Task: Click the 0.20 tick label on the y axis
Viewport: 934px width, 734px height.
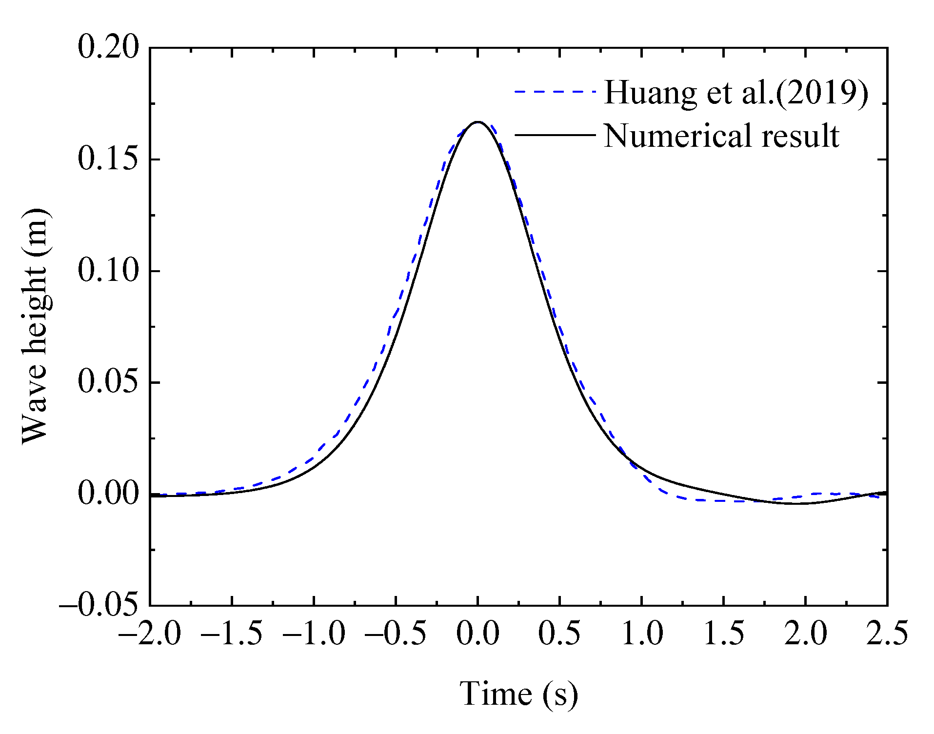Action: coord(108,48)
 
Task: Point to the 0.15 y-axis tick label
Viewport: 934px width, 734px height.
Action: coord(108,159)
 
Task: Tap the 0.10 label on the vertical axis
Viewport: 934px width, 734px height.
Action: coord(108,271)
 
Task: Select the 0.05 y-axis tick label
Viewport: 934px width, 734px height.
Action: coord(108,382)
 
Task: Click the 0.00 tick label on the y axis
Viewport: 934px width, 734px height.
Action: coord(108,494)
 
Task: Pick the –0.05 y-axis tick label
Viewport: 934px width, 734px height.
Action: coord(99,605)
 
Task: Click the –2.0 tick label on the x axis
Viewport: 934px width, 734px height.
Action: coord(149,634)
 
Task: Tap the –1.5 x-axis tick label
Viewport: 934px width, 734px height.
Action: coord(231,634)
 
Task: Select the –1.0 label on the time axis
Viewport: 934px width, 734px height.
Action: coord(314,634)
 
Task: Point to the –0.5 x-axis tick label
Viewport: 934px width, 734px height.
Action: coord(396,634)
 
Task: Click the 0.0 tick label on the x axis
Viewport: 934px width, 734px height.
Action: coord(477,634)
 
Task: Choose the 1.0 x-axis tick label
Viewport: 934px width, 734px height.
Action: coord(642,634)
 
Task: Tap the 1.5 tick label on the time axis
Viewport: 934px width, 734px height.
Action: coord(724,634)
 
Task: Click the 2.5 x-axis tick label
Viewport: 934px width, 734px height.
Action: coord(887,634)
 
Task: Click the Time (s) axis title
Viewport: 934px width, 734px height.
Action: coord(518,694)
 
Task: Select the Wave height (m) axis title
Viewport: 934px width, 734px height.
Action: coord(35,326)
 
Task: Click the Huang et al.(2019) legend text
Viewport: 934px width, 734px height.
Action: coord(735,92)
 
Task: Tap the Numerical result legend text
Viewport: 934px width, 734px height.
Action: coord(721,136)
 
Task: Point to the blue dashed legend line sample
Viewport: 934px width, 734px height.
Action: coord(555,92)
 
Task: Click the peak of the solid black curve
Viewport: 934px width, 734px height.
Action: coord(478,122)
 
